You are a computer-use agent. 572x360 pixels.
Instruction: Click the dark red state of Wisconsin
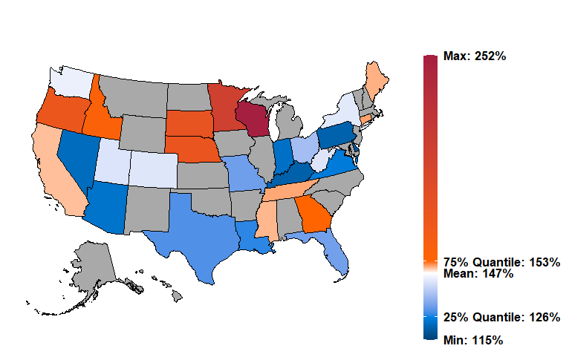[x=252, y=119]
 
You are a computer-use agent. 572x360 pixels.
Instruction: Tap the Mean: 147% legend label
[x=478, y=274]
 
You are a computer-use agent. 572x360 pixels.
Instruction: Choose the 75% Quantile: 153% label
[x=501, y=262]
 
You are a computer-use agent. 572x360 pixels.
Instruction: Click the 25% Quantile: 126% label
[x=501, y=317]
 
